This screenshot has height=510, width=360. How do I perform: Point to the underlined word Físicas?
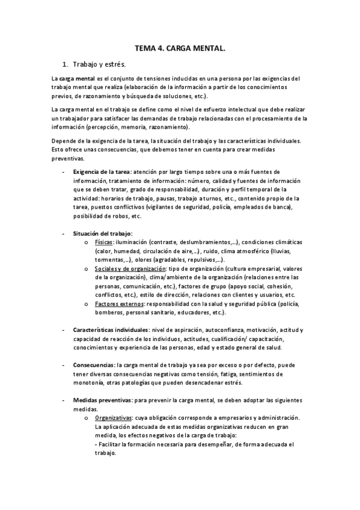coord(104,242)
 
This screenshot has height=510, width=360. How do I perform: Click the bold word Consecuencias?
coord(94,364)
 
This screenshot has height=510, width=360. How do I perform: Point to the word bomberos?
coord(109,313)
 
